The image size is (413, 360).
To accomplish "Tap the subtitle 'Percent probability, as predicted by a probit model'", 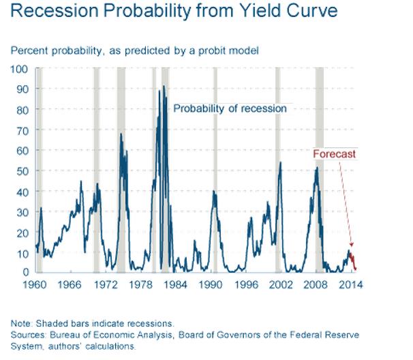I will [134, 51].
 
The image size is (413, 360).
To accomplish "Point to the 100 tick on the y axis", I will [19, 69].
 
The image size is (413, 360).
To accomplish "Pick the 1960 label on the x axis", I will [36, 284].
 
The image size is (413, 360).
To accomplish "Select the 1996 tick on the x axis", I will [247, 284].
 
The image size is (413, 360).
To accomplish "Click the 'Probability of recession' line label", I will [230, 108].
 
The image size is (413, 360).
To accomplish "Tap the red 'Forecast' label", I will [334, 154].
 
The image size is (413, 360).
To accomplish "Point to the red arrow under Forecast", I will [343, 205].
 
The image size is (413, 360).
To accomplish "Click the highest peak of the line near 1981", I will [164, 87].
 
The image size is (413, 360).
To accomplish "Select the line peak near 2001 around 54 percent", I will [280, 163].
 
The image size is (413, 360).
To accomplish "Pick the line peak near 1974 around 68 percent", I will [121, 134].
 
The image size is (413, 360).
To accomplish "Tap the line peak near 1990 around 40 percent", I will [213, 192].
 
